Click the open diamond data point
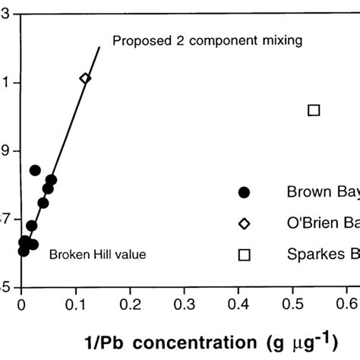[85, 78]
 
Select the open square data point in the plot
[314, 110]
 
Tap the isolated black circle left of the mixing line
[35, 170]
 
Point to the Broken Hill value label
[97, 254]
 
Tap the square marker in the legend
[244, 254]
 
